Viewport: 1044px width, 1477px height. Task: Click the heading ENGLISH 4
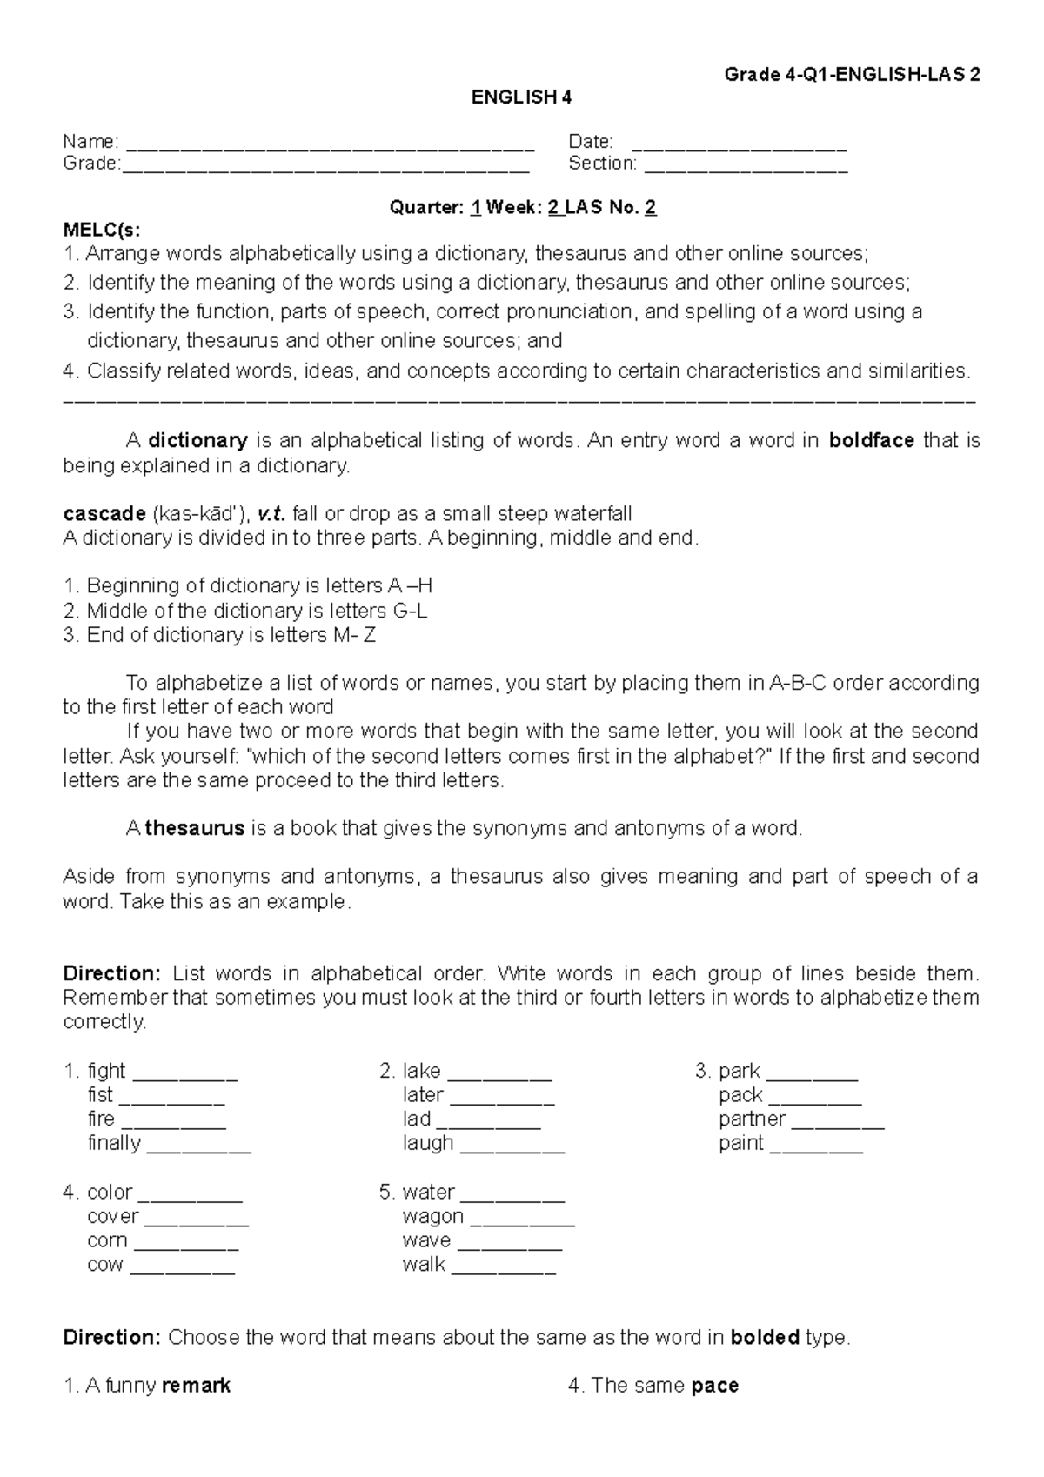coord(521,97)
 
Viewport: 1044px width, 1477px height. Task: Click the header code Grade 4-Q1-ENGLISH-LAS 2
coord(852,75)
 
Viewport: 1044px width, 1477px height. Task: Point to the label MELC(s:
coord(101,230)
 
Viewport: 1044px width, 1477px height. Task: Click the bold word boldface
coord(871,441)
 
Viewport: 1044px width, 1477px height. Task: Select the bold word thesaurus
coord(195,829)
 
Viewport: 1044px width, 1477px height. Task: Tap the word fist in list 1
coord(100,1095)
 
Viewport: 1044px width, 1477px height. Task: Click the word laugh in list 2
coord(428,1143)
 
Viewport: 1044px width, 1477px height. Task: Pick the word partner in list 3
coord(752,1119)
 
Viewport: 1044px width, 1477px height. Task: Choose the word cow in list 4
coord(105,1265)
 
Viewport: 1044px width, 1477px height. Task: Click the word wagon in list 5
coord(432,1216)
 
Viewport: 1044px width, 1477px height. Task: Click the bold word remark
coord(196,1386)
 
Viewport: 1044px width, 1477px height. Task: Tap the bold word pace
coord(714,1386)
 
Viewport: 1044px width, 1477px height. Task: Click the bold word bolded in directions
coord(764,1338)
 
